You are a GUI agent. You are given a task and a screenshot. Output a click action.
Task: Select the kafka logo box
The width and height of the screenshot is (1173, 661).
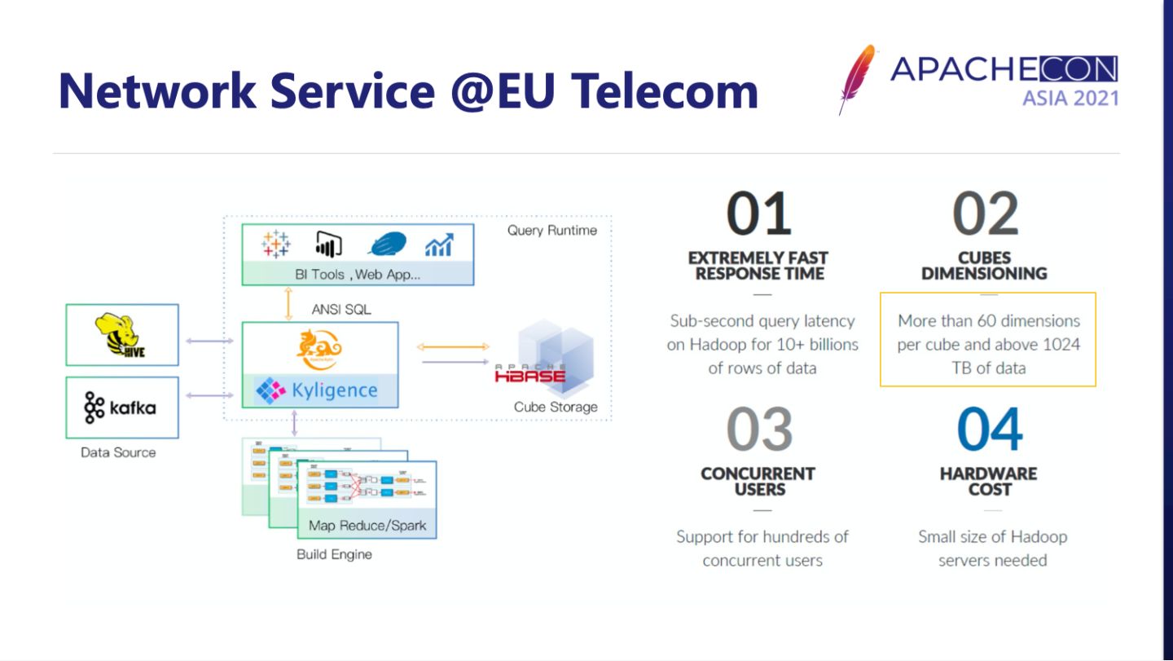(x=121, y=407)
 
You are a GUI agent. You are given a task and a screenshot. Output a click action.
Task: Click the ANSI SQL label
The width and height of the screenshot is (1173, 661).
(x=340, y=309)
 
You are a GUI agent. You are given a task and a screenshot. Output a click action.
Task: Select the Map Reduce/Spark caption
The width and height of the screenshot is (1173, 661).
(x=367, y=525)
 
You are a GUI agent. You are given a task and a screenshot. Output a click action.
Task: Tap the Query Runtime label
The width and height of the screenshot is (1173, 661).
(x=551, y=230)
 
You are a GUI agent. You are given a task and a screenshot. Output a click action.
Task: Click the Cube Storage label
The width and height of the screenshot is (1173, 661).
(x=555, y=407)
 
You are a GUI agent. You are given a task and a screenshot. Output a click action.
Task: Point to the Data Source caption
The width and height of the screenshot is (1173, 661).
(x=118, y=452)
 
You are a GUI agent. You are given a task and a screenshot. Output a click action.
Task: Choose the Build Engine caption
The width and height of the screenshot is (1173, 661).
(x=334, y=554)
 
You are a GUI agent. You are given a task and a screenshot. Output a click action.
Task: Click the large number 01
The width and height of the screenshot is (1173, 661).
(x=759, y=214)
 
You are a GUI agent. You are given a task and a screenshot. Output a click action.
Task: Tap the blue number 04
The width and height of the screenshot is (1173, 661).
(x=990, y=430)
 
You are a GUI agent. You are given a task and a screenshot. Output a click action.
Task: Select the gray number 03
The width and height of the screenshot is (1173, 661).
(x=759, y=430)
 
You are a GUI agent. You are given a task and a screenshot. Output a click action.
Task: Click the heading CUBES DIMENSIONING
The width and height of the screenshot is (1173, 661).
(x=984, y=266)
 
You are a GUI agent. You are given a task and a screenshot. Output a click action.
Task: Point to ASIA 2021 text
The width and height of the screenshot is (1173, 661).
(x=1070, y=98)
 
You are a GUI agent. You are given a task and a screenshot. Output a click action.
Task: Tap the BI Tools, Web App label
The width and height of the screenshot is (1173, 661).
(x=358, y=274)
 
